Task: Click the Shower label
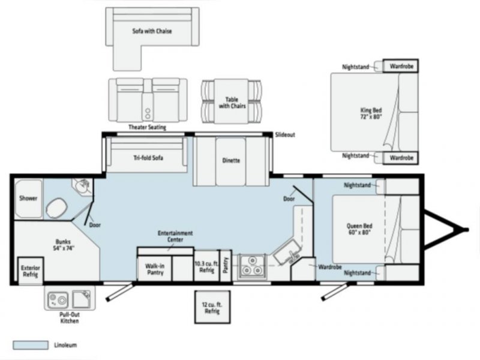point(28,198)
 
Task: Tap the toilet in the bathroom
point(56,208)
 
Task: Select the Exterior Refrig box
point(31,271)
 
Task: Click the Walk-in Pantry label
point(155,269)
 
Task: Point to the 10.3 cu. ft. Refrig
point(206,266)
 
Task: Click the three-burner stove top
point(252,266)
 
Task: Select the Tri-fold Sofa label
point(148,158)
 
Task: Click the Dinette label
point(231,160)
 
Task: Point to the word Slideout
point(285,134)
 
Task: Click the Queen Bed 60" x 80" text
point(359,229)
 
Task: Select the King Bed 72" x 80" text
point(371,113)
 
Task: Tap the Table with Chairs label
point(232,103)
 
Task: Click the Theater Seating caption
point(147,127)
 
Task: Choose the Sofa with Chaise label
point(152,31)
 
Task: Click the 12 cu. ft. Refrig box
point(212,307)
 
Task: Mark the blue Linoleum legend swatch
point(31,345)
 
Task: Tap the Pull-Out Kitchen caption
point(70,318)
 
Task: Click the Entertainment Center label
point(175,236)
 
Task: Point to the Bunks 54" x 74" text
point(64,245)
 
